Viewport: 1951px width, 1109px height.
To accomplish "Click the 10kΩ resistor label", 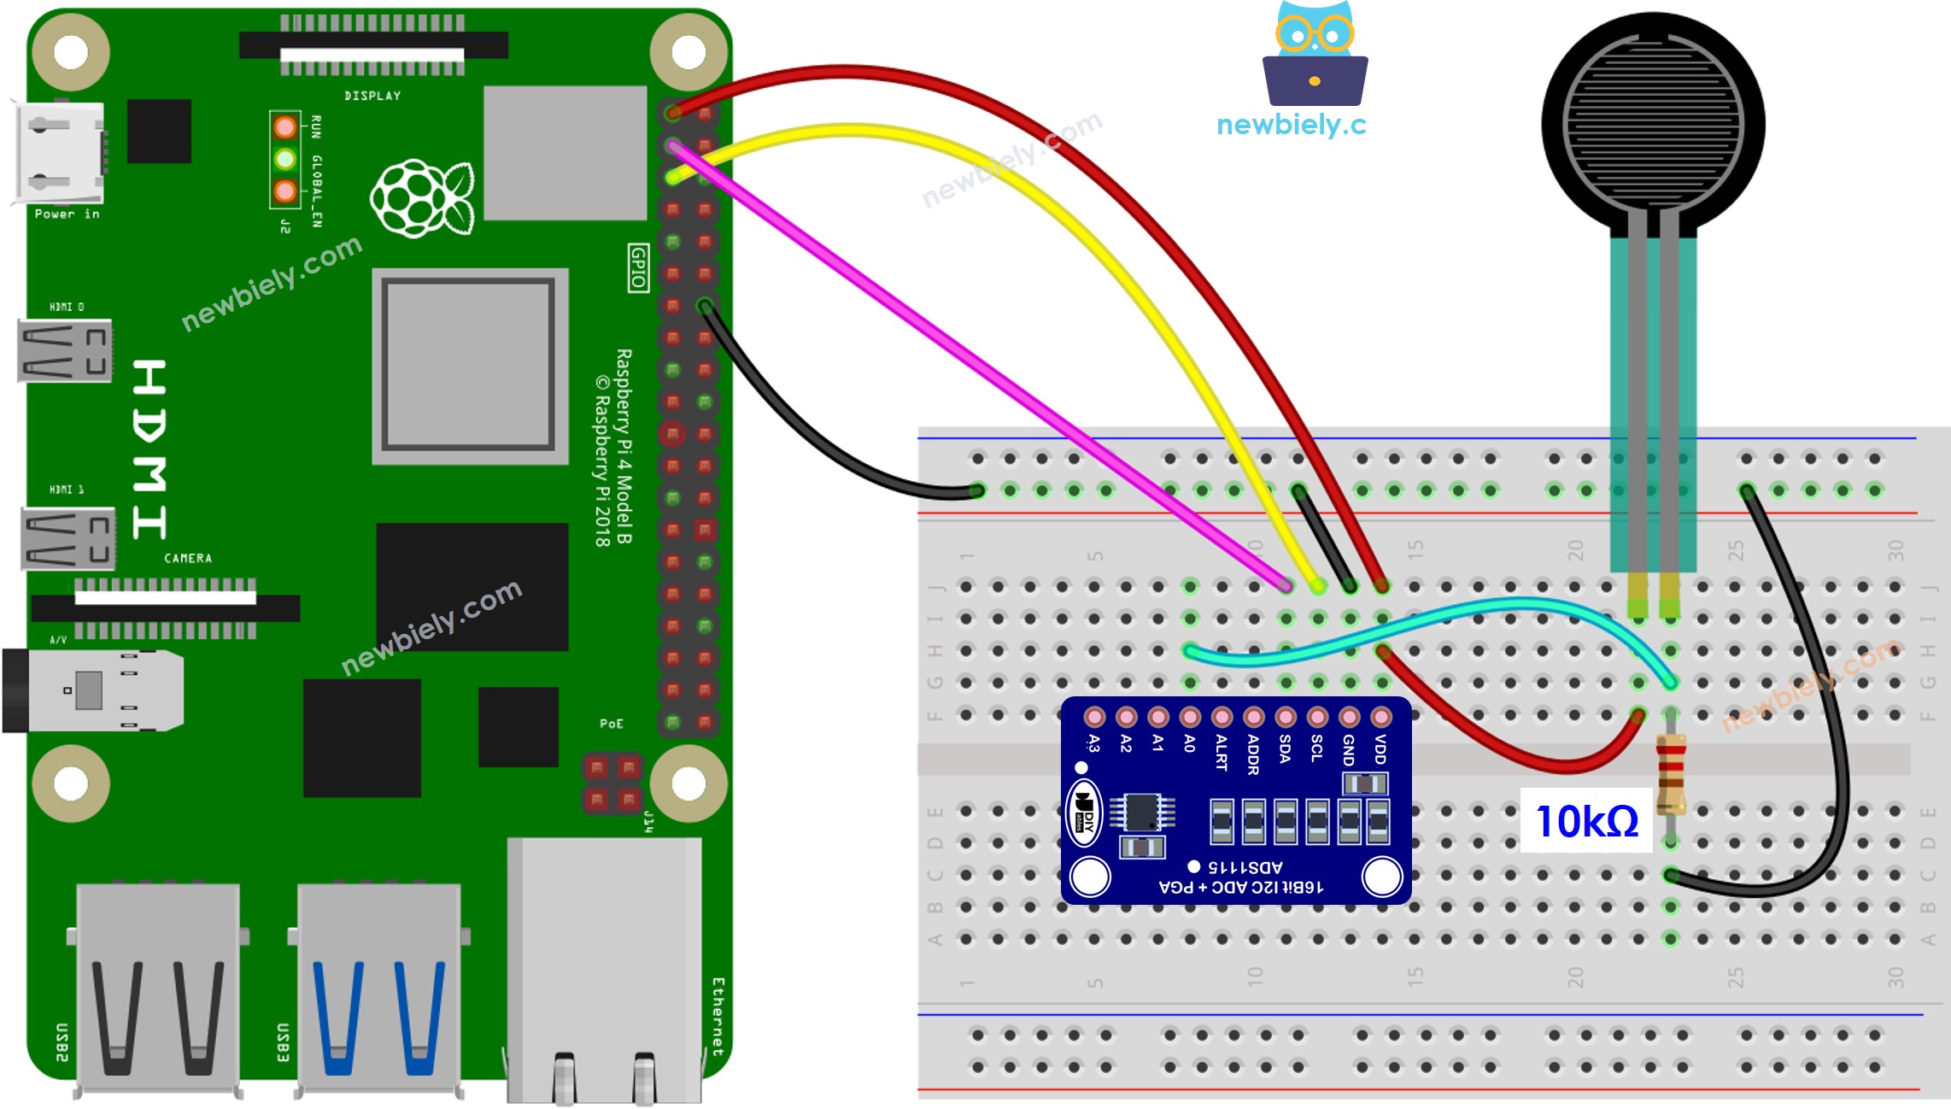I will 1586,821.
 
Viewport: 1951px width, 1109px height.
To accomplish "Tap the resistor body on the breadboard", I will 1671,776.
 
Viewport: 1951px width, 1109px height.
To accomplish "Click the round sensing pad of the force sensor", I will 1653,124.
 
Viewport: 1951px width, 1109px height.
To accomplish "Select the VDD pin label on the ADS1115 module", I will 1380,749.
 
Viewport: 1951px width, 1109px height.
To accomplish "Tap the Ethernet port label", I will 718,1017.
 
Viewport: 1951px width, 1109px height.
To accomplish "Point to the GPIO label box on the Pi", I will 638,267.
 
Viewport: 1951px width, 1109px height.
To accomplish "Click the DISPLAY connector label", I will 372,96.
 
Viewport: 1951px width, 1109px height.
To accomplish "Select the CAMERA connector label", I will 188,558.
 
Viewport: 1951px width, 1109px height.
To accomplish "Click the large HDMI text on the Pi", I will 149,449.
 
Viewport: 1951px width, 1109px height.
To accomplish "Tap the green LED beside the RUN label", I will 285,159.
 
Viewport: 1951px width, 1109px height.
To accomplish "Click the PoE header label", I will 612,724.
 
